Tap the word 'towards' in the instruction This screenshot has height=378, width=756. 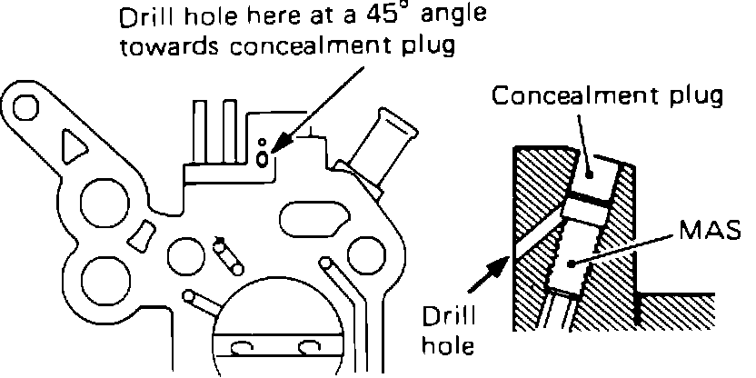pyautogui.click(x=166, y=45)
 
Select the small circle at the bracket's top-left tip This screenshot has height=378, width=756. pyautogui.click(x=25, y=108)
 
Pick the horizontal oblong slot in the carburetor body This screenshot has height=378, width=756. pyautogui.click(x=312, y=220)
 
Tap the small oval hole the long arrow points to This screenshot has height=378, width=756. pyautogui.click(x=264, y=159)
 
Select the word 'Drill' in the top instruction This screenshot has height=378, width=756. pyautogui.click(x=148, y=18)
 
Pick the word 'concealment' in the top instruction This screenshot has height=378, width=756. pyautogui.click(x=291, y=45)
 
